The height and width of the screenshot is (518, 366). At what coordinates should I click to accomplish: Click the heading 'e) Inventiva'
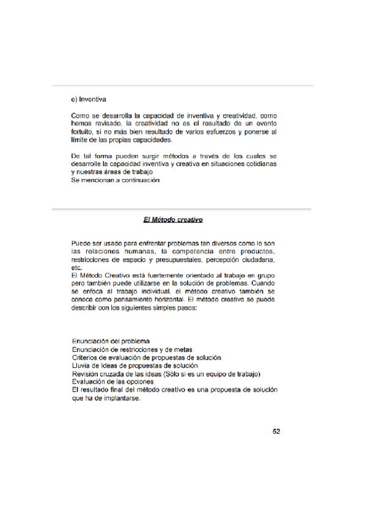[89, 99]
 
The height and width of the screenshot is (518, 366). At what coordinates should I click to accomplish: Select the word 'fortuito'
[83, 131]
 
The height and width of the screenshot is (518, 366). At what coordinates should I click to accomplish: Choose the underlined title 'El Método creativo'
[173, 219]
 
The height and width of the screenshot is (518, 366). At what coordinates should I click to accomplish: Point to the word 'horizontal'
[159, 300]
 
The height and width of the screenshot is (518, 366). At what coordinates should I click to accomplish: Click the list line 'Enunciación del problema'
[111, 341]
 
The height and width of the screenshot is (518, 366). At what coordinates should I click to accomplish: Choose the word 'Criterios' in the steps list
[87, 357]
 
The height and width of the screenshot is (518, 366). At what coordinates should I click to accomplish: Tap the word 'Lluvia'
[81, 365]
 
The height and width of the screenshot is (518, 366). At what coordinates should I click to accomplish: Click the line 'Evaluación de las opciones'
[112, 382]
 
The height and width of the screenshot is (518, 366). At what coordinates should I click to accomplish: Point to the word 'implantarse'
[121, 398]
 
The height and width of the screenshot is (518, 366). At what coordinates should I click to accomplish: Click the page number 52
[276, 431]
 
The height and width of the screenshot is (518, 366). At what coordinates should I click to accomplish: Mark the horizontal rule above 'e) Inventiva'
[183, 85]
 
